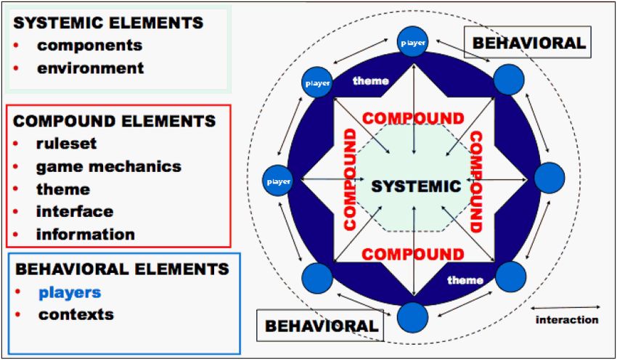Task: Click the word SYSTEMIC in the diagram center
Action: click(416, 187)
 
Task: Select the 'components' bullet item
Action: click(89, 45)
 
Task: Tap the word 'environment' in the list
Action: click(91, 68)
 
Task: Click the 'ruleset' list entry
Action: click(66, 144)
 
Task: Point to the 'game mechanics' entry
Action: click(108, 166)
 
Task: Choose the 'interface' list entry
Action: click(75, 211)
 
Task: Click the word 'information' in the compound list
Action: click(85, 234)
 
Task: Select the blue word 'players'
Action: click(70, 292)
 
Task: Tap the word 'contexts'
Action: click(76, 314)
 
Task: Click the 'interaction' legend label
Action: click(567, 319)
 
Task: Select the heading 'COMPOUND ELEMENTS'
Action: click(114, 120)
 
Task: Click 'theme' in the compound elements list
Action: click(63, 189)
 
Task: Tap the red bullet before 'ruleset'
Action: click(17, 144)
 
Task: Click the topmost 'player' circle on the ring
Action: click(412, 43)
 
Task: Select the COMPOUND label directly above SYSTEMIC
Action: click(413, 118)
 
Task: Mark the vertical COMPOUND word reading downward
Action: click(478, 181)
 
